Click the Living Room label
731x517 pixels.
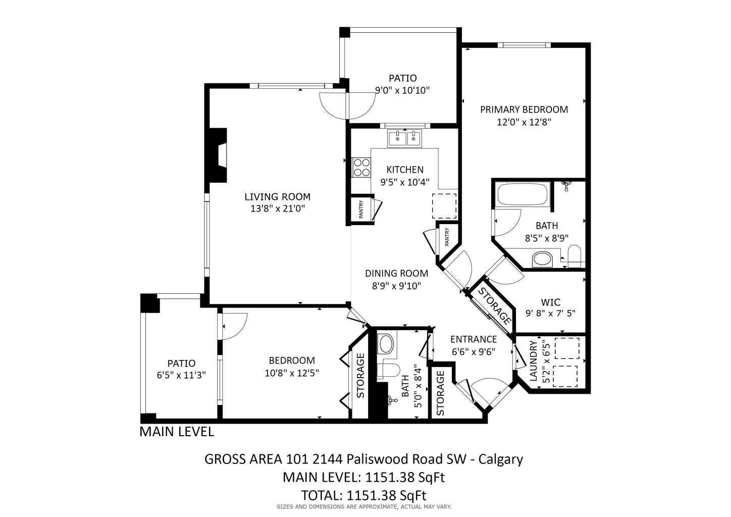[277, 197]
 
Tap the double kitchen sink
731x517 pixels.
[404, 138]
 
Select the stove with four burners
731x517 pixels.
[361, 167]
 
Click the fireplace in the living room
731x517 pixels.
[219, 155]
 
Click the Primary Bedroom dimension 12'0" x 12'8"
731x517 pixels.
[524, 122]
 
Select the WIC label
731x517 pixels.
[550, 302]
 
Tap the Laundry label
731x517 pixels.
[533, 361]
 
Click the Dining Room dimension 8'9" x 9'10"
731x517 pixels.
[396, 286]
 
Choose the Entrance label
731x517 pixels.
[473, 339]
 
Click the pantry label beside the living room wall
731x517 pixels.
[361, 209]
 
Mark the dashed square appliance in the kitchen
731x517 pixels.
[444, 205]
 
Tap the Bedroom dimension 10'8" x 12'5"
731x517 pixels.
[292, 373]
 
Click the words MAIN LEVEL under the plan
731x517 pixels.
[177, 432]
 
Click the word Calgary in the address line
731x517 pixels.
[500, 459]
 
